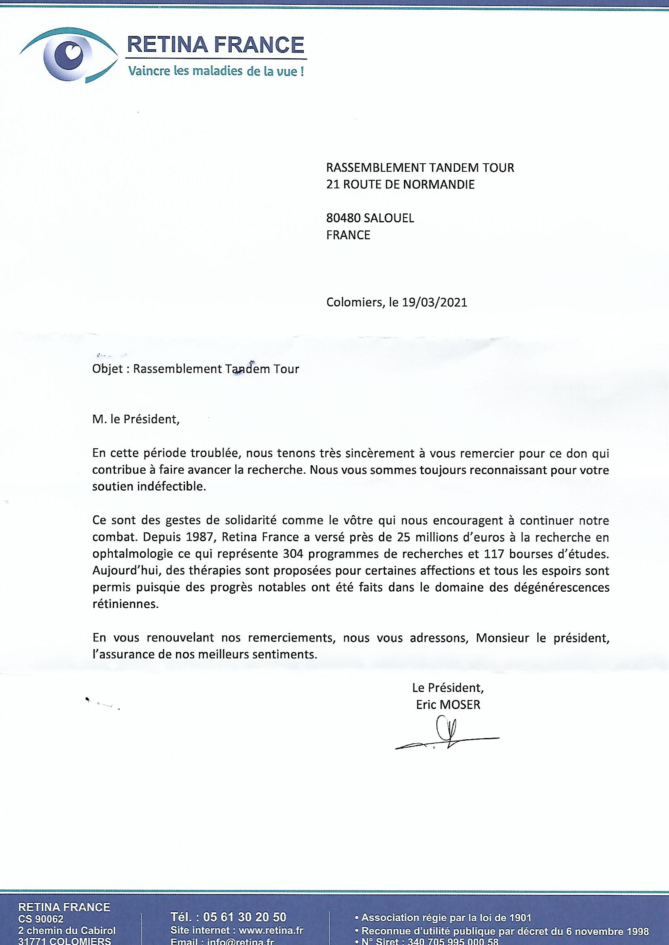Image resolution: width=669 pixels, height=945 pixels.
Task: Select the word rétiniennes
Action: (x=125, y=605)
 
